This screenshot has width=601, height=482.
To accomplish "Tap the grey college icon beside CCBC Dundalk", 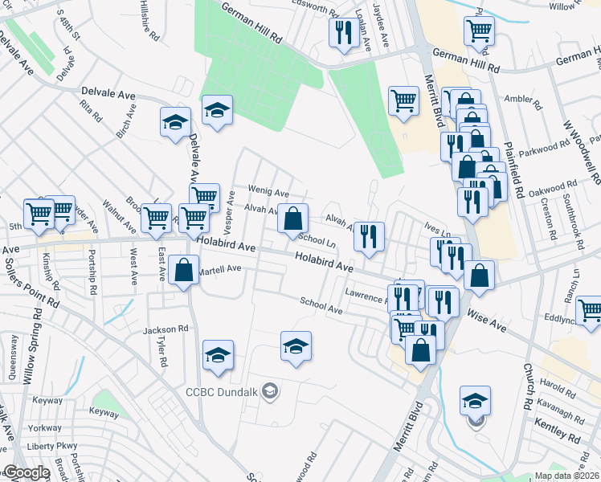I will pyautogui.click(x=271, y=392).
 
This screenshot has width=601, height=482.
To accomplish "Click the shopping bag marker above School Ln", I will pyautogui.click(x=294, y=218).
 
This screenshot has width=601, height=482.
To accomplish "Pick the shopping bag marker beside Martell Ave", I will pyautogui.click(x=184, y=271).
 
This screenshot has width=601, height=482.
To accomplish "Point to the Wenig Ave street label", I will pyautogui.click(x=268, y=193).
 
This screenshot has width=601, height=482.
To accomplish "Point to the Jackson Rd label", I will pyautogui.click(x=166, y=329).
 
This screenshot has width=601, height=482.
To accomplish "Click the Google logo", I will pyautogui.click(x=27, y=472).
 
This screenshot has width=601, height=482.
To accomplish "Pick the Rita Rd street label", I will pyautogui.click(x=92, y=111).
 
